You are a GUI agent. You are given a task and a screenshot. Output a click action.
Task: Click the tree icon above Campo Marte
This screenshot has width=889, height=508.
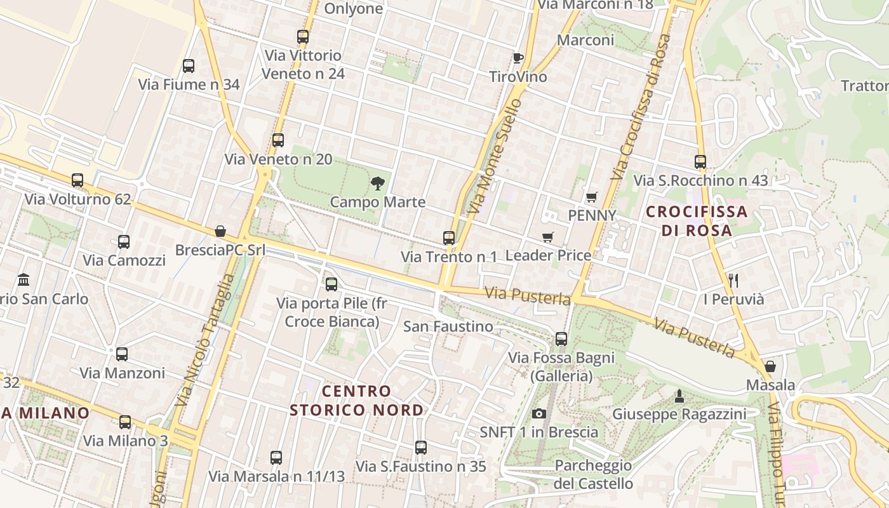point(378,184)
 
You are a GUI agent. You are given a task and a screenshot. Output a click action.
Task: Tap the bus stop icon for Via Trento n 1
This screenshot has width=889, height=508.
point(449,238)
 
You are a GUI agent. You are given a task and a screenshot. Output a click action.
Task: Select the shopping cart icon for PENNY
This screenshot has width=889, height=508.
point(591,197)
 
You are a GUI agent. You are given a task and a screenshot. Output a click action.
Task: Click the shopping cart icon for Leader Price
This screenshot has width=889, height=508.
point(548,237)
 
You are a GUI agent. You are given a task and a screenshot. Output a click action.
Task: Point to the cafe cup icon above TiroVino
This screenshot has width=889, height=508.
point(518,58)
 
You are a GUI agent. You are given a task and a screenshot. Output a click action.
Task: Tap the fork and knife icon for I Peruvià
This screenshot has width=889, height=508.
point(733,280)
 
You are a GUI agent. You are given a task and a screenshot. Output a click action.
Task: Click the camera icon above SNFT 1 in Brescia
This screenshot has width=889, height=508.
point(539,414)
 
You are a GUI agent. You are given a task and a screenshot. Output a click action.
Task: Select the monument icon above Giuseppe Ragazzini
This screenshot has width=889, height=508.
point(679,397)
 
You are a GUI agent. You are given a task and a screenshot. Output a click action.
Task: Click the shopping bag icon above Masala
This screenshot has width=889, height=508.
point(770,366)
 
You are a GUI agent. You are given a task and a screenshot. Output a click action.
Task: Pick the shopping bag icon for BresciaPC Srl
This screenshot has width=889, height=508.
point(220,231)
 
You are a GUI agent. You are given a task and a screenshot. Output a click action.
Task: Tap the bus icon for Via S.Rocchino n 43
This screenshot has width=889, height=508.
point(700,162)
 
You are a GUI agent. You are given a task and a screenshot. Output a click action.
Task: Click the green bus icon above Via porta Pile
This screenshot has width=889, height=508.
point(331,284)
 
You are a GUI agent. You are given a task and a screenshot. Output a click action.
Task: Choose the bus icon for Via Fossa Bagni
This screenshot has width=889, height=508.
point(561,339)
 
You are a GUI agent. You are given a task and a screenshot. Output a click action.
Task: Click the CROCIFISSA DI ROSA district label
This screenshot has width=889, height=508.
point(697,220)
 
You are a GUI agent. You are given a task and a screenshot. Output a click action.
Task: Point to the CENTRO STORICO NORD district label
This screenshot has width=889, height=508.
point(356,400)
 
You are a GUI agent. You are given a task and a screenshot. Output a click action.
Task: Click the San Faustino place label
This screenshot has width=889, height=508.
point(448,326)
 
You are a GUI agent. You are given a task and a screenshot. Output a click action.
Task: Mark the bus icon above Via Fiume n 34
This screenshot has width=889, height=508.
point(189,65)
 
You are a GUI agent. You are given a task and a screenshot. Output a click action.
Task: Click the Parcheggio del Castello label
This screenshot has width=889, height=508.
point(593,474)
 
